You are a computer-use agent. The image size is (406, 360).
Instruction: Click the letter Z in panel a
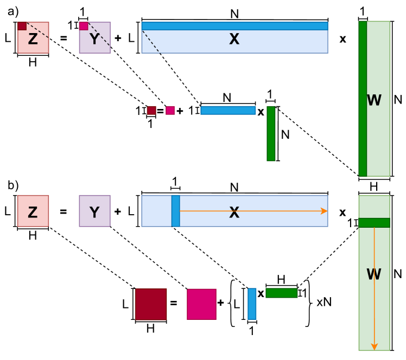(x=33, y=39)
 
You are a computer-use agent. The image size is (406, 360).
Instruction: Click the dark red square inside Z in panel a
(x=22, y=26)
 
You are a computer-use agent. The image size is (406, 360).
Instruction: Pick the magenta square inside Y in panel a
(x=84, y=26)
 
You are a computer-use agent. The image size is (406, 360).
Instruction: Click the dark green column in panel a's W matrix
(x=363, y=98)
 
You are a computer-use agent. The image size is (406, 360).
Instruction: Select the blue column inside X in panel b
(x=175, y=211)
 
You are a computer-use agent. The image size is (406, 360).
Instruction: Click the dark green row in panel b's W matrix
(x=375, y=222)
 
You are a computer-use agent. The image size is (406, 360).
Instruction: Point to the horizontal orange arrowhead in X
(x=324, y=211)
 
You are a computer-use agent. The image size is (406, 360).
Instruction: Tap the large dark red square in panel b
(x=150, y=304)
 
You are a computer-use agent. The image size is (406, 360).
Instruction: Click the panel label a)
(x=12, y=9)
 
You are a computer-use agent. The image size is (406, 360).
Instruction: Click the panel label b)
(x=12, y=185)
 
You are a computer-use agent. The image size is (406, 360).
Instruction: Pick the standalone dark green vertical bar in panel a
(x=271, y=133)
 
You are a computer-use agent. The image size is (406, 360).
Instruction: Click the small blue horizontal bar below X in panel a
(x=228, y=111)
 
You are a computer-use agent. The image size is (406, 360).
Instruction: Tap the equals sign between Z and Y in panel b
(x=64, y=211)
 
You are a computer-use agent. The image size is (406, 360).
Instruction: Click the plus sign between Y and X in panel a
(x=118, y=39)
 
